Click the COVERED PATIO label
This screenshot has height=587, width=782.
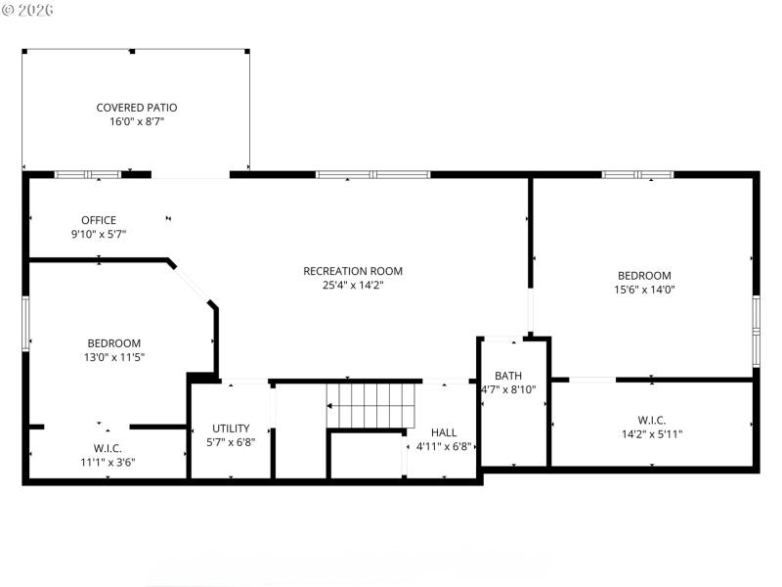(137, 108)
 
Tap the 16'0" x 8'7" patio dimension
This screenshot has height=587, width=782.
(137, 122)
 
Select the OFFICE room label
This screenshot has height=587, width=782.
(99, 220)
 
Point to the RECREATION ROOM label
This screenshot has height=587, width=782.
(353, 271)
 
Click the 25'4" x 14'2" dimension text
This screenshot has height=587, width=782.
(353, 286)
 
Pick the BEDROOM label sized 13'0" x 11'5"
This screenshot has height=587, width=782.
(114, 342)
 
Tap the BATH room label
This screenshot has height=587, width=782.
(508, 375)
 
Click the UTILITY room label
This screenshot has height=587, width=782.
(231, 428)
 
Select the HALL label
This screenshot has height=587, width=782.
(444, 431)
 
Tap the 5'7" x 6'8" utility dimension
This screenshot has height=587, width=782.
(231, 442)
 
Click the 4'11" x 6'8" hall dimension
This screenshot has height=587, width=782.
(444, 446)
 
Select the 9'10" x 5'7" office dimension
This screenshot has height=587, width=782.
(99, 235)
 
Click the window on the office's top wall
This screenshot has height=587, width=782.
(87, 175)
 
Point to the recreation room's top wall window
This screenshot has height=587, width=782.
(372, 175)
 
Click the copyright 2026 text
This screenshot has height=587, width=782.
(28, 9)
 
